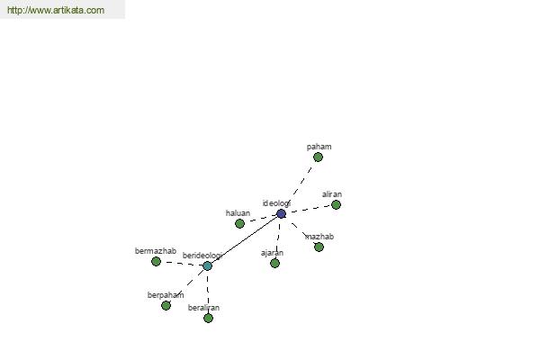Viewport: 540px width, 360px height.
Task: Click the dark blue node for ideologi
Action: pyautogui.click(x=281, y=214)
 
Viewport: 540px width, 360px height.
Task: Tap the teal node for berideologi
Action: pyautogui.click(x=207, y=266)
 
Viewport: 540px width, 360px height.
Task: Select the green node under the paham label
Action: pyautogui.click(x=318, y=157)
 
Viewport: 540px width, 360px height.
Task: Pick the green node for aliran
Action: pyautogui.click(x=336, y=204)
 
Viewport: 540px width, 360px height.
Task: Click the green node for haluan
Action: pyautogui.click(x=239, y=223)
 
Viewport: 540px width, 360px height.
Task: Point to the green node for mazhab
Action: pyautogui.click(x=319, y=247)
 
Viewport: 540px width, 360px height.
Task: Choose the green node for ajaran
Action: pyautogui.click(x=274, y=263)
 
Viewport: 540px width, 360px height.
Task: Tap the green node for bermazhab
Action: pyautogui.click(x=156, y=262)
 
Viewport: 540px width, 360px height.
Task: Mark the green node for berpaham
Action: pyautogui.click(x=166, y=306)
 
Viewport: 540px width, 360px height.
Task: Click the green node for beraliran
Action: pyautogui.click(x=208, y=318)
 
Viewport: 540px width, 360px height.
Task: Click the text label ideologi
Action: pyautogui.click(x=276, y=203)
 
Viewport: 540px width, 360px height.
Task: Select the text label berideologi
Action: pyautogui.click(x=202, y=256)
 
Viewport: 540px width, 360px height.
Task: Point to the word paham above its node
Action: pyautogui.click(x=319, y=147)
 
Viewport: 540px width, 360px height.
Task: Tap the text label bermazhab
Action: pyautogui.click(x=156, y=251)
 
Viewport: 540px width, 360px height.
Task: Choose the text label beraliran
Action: pyautogui.click(x=203, y=308)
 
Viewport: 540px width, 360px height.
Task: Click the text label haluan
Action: pyautogui.click(x=238, y=213)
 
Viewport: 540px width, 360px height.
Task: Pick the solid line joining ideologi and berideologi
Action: pyautogui.click(x=244, y=240)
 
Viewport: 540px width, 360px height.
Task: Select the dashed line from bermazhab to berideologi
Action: pyautogui.click(x=182, y=263)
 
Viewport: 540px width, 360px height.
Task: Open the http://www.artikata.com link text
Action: pyautogui.click(x=56, y=10)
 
